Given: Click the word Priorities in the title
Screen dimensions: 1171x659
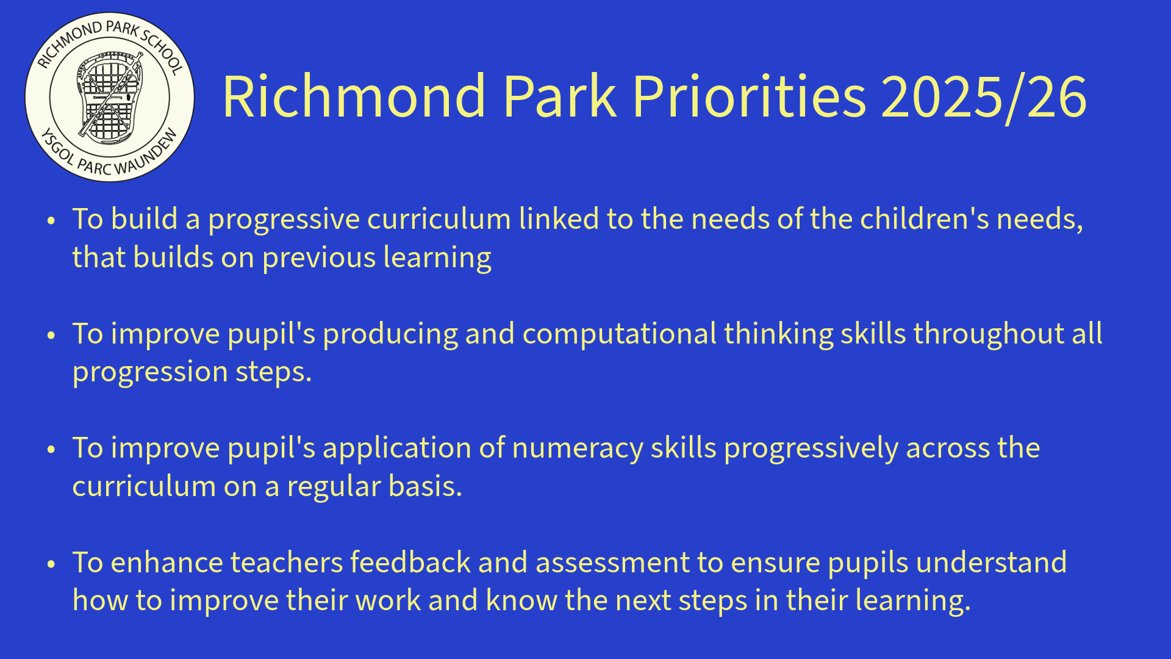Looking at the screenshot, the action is [x=749, y=96].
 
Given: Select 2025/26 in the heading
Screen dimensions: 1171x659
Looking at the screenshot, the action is [x=984, y=97].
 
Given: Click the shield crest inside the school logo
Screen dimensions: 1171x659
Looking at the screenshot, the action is [x=110, y=96].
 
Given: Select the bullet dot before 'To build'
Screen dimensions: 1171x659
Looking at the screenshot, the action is [x=51, y=220].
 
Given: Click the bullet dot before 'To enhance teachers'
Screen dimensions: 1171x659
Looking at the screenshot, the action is [x=51, y=564].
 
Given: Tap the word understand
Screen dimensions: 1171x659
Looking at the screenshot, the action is [x=991, y=562].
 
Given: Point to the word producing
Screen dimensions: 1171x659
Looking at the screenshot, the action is [x=390, y=335].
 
